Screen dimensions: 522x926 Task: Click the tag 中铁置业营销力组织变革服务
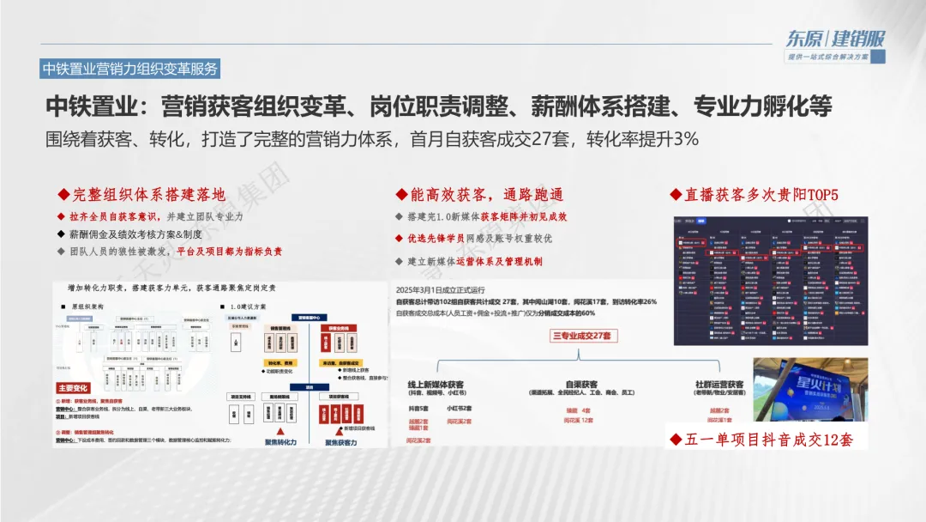130,69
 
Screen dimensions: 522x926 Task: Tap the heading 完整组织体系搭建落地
141,195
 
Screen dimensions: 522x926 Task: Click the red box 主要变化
78,389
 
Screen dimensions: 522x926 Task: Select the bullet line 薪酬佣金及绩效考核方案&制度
129,234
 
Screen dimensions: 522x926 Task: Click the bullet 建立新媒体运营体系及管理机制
480,261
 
